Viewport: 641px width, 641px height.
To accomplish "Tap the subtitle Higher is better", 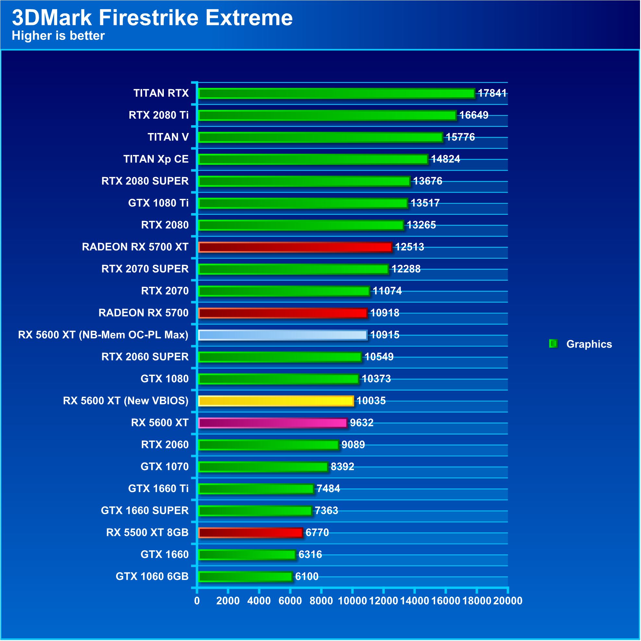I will [58, 36].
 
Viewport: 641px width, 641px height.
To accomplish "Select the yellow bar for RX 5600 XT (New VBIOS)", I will [276, 401].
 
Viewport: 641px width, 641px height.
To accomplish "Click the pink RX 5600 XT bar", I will [273, 423].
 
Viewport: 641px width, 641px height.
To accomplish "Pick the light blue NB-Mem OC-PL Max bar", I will [283, 335].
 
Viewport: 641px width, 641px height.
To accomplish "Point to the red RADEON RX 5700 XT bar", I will [295, 247].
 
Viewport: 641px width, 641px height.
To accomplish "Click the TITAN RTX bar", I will [336, 93].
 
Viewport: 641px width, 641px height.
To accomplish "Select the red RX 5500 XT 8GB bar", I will [250, 533].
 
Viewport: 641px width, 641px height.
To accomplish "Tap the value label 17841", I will [492, 93].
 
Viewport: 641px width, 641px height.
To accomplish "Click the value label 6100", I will [307, 577].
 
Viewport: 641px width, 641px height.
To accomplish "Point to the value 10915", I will [384, 335].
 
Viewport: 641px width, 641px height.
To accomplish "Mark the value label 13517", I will [425, 203].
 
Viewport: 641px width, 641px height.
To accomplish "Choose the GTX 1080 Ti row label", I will [158, 203].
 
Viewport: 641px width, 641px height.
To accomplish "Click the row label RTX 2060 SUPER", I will [145, 357].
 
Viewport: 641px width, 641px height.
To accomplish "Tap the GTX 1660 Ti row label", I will [158, 489].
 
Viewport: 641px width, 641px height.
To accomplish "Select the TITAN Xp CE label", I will [156, 159].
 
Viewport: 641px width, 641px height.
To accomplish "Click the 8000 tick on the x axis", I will [321, 601].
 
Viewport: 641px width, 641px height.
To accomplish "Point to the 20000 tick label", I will [508, 601].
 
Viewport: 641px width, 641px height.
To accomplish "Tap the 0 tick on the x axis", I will [197, 601].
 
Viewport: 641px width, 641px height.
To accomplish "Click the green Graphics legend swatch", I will [553, 344].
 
